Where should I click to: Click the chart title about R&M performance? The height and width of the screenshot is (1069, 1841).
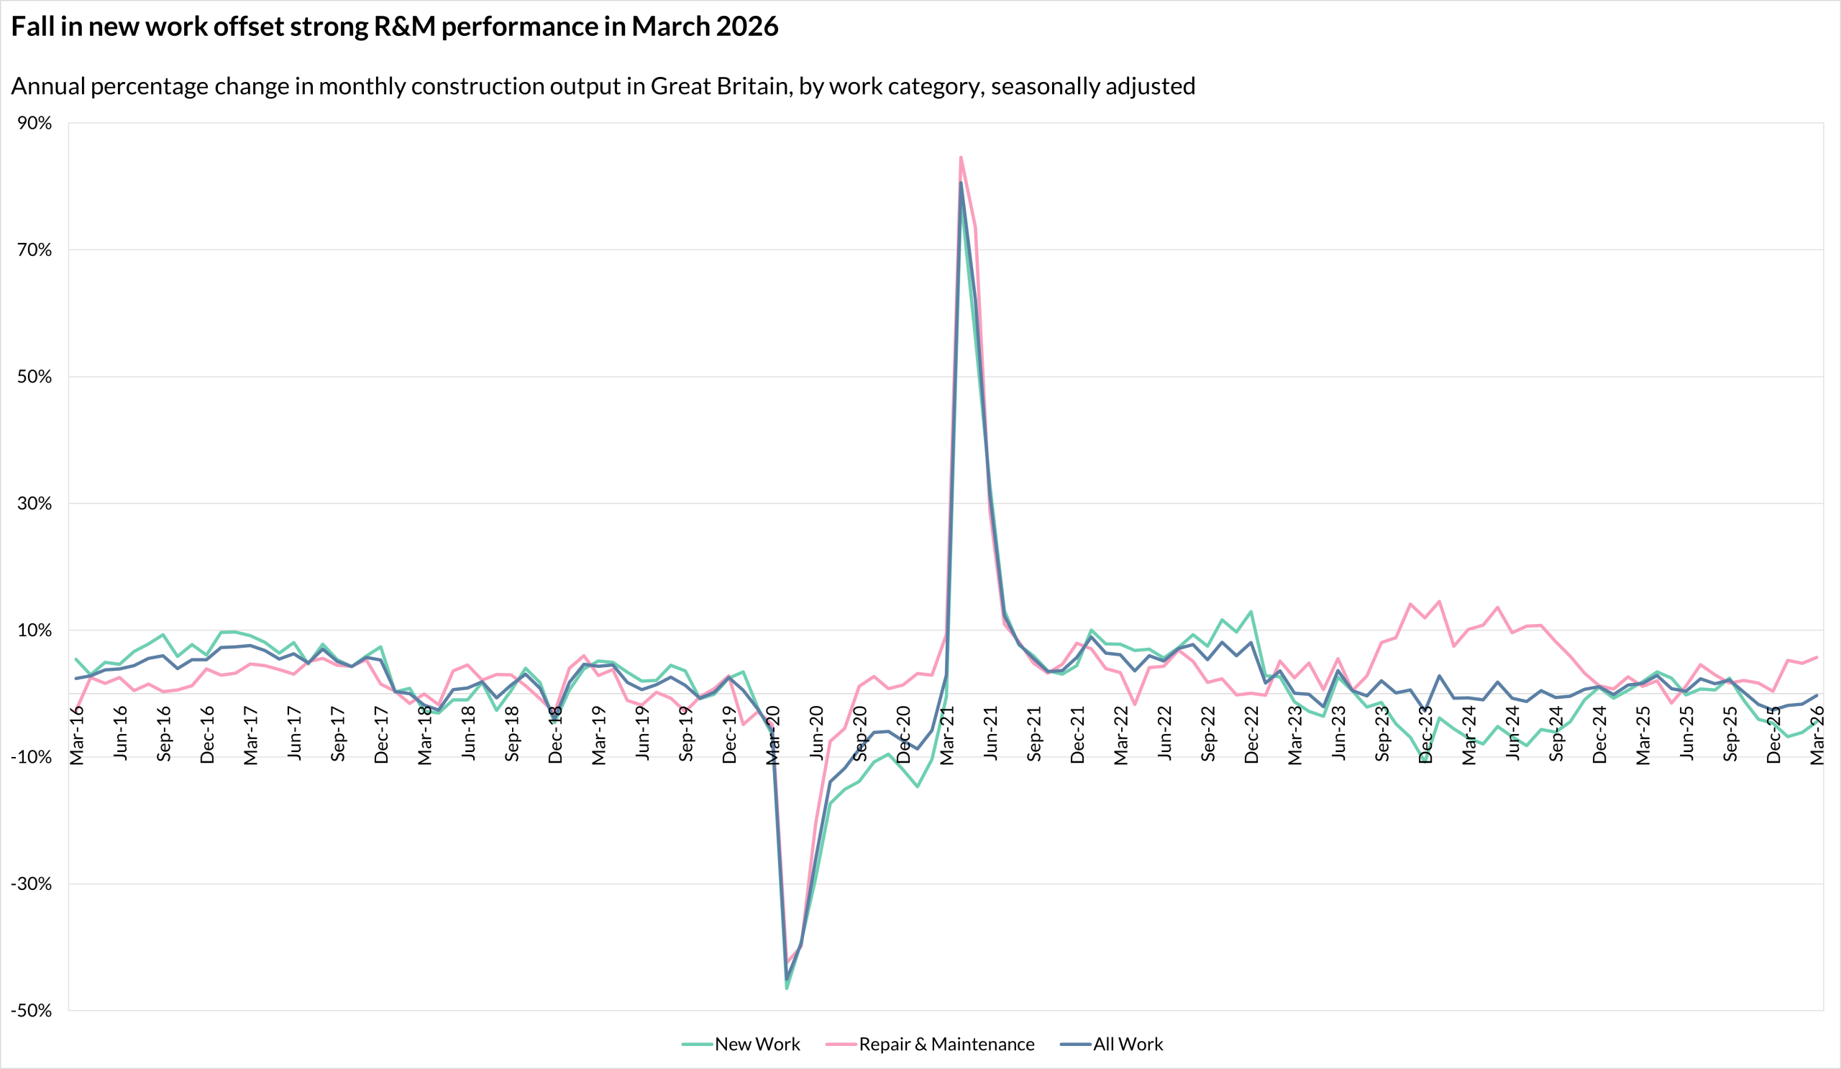coord(396,27)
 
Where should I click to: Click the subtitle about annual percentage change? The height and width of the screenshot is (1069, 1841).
coord(603,86)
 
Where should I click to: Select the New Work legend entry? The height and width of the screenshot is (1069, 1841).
coord(741,1044)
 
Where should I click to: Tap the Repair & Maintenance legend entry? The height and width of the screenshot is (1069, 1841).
coord(930,1044)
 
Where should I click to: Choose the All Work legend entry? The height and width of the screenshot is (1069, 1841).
coord(1111,1044)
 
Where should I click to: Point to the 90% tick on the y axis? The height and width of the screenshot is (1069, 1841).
coord(35,123)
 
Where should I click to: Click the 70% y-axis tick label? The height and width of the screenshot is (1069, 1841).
coord(35,249)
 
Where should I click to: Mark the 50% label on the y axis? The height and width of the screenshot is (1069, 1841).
coord(35,377)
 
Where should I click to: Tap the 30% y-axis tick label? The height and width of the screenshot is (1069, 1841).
coord(35,503)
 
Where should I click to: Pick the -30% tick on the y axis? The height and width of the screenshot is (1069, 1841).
coord(32,884)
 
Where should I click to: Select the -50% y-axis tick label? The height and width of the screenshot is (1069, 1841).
coord(32,1011)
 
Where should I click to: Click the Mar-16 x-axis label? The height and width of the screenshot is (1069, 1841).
coord(77,735)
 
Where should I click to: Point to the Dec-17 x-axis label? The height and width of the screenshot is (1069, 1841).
coord(381,735)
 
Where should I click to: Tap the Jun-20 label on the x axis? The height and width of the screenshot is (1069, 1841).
coord(817,733)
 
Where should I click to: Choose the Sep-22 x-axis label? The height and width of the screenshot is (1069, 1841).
coord(1208,734)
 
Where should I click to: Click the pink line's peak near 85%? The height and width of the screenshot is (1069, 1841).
coord(961,157)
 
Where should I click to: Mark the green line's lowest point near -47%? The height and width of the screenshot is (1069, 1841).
coord(787,988)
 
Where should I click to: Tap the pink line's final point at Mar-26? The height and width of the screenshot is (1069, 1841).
coord(1817,657)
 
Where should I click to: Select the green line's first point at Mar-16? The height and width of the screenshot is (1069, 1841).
coord(77,659)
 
